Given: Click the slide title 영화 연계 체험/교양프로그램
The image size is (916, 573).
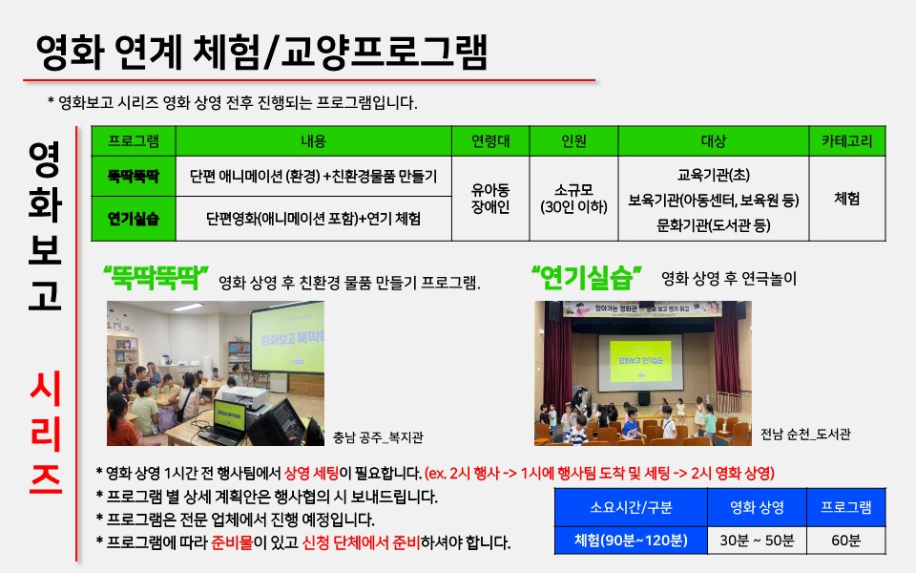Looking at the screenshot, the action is coord(261,52).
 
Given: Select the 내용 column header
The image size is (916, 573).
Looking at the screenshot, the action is coord(314,141).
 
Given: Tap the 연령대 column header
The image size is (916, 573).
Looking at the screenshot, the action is coord(490,141).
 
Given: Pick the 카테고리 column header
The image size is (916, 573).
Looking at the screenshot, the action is coord(847,141).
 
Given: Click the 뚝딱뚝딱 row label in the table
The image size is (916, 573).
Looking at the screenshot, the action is coord(134,176).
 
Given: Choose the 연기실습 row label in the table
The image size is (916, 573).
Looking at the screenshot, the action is coord(134,219).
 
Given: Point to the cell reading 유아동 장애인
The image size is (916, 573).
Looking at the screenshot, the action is coord(490,199).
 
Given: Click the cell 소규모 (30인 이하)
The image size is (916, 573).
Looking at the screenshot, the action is coord(573,199).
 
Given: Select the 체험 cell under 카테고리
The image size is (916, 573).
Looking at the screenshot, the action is coord(847,199).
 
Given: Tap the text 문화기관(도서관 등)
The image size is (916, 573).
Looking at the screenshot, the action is coord(714,225).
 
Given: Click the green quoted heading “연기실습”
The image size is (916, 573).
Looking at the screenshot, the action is coord(587,278).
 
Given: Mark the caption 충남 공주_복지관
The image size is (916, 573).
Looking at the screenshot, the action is coord(378,437).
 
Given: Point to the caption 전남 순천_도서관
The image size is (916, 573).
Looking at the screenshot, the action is coord(805,434).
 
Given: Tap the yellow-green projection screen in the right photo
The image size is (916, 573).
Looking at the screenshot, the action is coord(640,361).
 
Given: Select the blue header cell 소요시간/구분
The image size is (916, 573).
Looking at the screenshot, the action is coord(631,507).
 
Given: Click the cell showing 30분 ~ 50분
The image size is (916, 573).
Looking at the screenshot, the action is coord(757,541).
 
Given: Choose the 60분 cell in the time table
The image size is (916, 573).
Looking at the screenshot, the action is coord(846,541).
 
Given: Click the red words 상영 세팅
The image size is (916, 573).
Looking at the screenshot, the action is coord(311,473).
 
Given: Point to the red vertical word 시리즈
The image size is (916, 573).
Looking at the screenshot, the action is coord(46,433).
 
